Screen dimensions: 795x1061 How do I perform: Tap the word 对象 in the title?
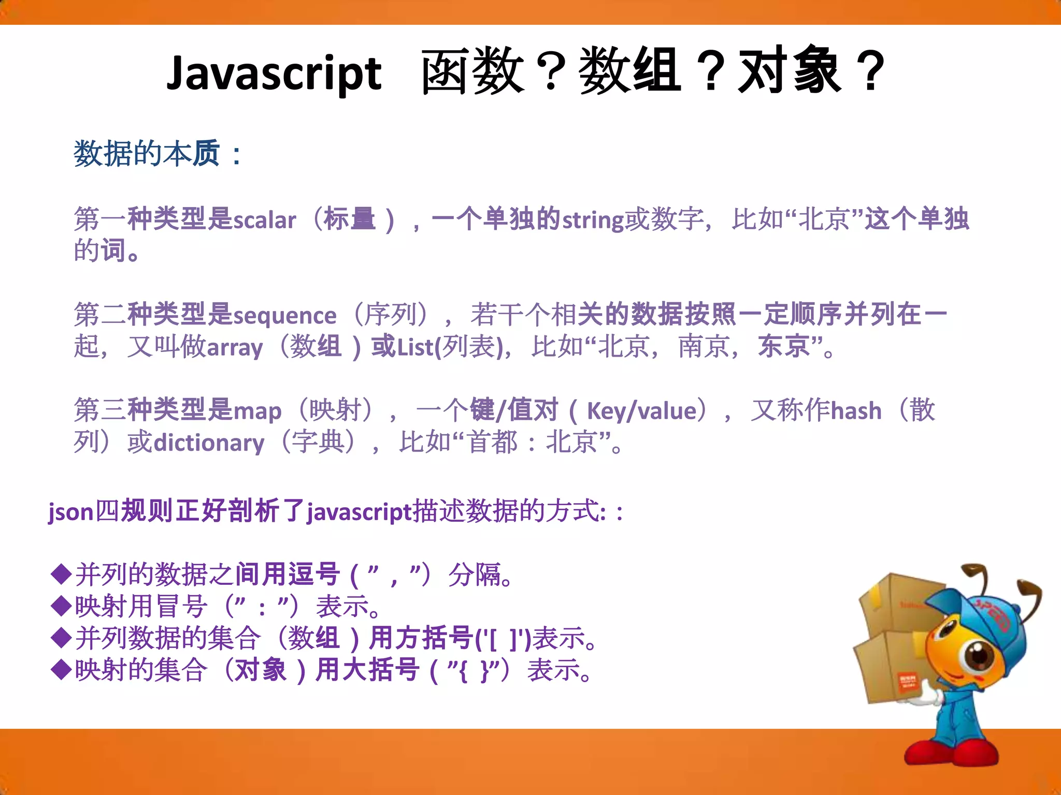pyautogui.click(x=790, y=71)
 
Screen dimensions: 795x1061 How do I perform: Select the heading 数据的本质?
pyautogui.click(x=147, y=154)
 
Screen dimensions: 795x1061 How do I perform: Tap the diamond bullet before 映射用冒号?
pyautogui.click(x=61, y=606)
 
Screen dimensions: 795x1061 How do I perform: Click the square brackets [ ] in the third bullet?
pyautogui.click(x=503, y=639)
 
